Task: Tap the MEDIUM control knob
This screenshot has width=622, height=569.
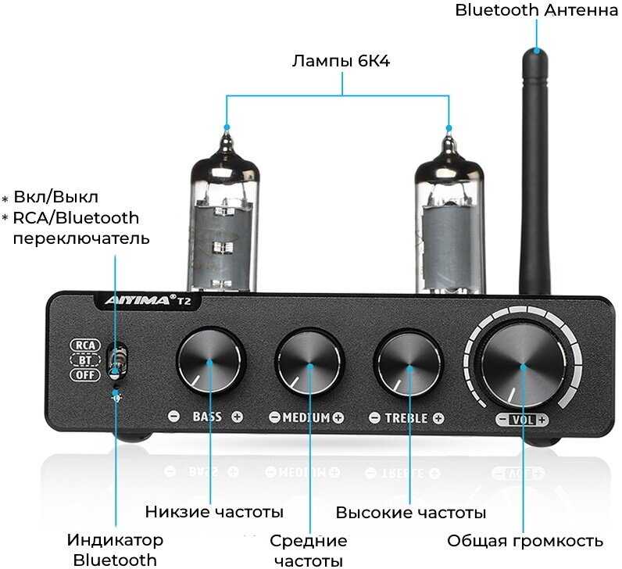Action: pyautogui.click(x=309, y=363)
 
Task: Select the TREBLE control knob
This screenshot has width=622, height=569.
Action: pyautogui.click(x=407, y=363)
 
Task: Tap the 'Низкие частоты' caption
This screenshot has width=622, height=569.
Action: pyautogui.click(x=214, y=513)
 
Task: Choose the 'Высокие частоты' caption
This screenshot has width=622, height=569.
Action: pyautogui.click(x=411, y=513)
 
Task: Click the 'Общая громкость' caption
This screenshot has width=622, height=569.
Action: pyautogui.click(x=525, y=541)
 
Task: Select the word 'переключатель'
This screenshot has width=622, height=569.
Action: pyautogui.click(x=81, y=238)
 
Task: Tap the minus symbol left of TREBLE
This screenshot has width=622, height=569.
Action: pyautogui.click(x=375, y=417)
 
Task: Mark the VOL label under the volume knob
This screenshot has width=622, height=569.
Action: pyautogui.click(x=522, y=420)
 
